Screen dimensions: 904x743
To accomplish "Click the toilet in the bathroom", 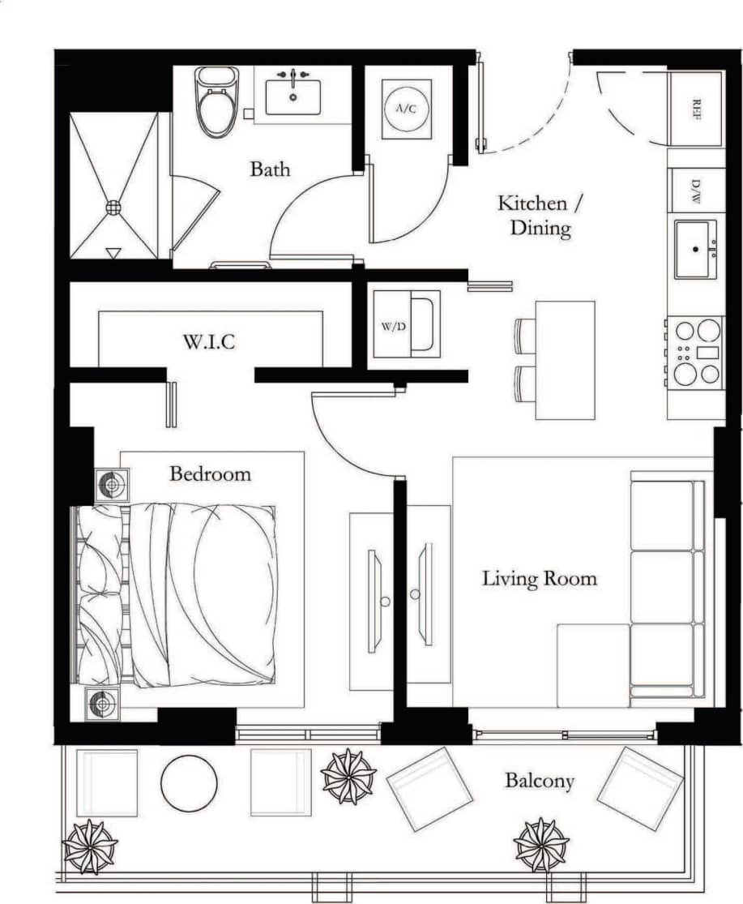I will (216, 104).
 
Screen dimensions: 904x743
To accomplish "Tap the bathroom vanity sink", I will (293, 96).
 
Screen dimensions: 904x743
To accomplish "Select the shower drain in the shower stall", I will (113, 207).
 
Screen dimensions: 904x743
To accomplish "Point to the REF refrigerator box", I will (695, 109).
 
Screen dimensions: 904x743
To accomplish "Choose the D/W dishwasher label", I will (696, 191).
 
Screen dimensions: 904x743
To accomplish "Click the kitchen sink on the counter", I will (695, 248).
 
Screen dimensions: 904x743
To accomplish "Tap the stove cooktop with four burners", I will (697, 352).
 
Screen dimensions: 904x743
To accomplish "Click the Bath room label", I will (270, 169).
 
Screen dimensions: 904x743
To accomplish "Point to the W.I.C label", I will (208, 342).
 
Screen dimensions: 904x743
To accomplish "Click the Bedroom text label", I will (210, 473).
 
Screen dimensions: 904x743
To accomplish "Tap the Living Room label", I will (539, 579).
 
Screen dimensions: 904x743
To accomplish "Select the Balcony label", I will (539, 781).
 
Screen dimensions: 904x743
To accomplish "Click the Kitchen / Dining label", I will (534, 215).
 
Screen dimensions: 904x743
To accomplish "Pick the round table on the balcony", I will (189, 783).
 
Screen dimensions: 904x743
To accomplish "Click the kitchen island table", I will (565, 360).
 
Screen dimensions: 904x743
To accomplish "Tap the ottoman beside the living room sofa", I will (593, 665).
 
